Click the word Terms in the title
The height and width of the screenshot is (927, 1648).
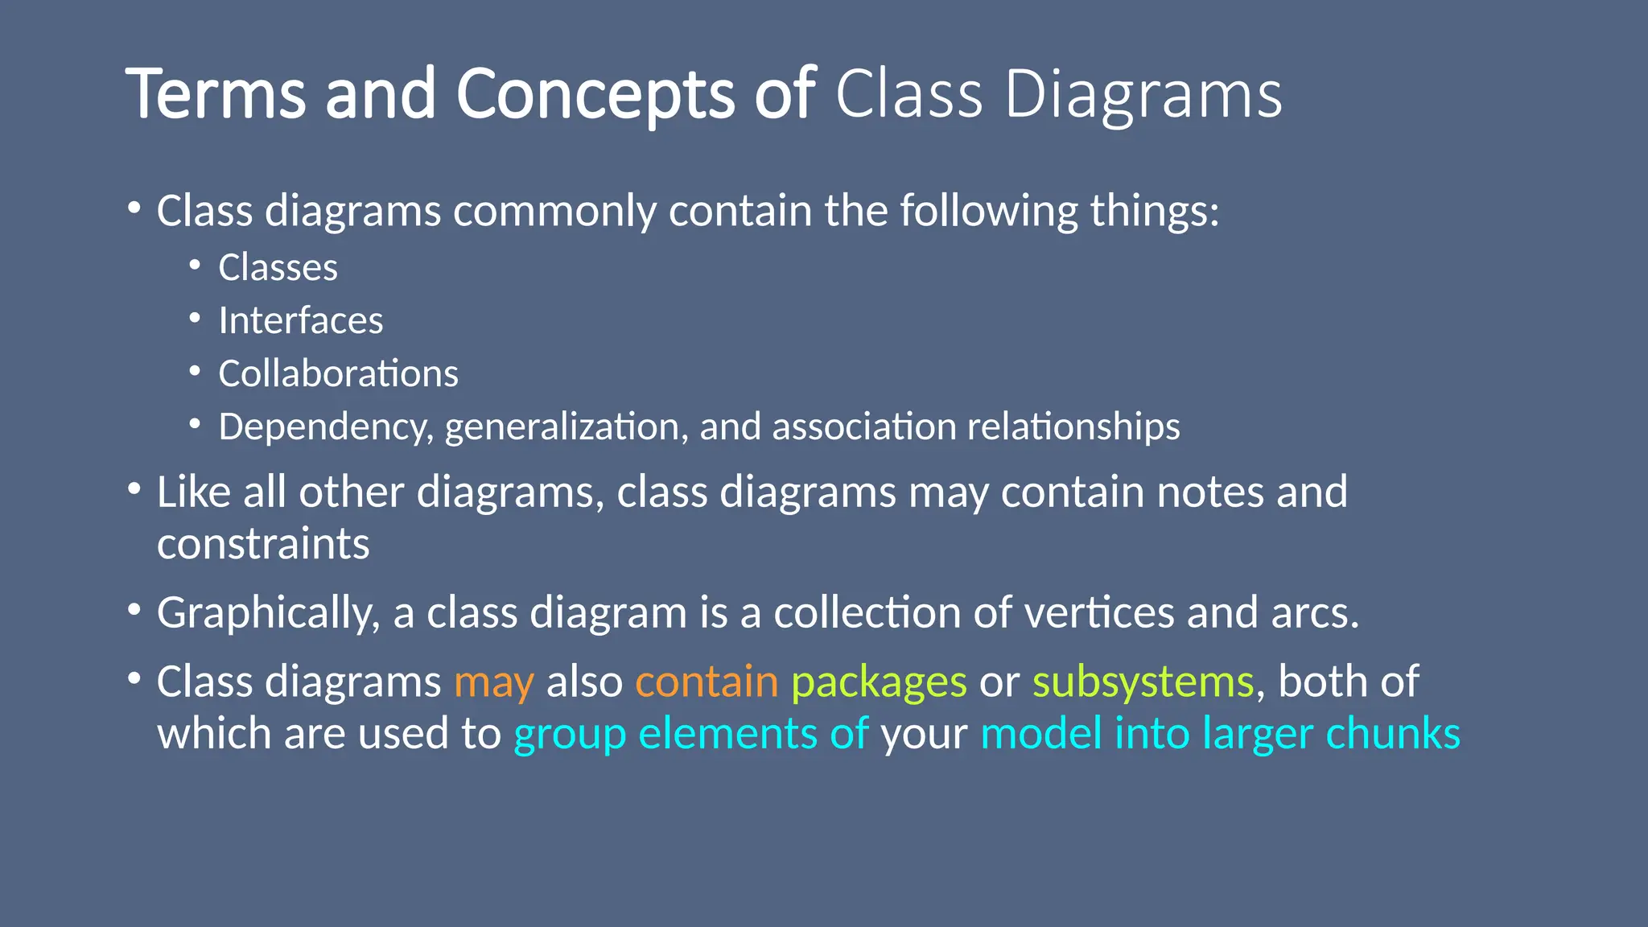click(x=216, y=94)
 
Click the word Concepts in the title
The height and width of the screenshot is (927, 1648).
click(x=595, y=94)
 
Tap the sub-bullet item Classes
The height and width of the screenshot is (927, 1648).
click(x=278, y=267)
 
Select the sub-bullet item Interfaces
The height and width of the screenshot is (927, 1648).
click(x=300, y=320)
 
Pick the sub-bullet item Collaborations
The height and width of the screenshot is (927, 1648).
click(x=338, y=373)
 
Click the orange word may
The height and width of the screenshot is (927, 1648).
click(x=493, y=682)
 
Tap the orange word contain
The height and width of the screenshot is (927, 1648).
click(x=707, y=682)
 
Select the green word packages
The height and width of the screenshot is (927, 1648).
click(x=879, y=682)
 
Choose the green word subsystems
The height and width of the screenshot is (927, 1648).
click(x=1143, y=682)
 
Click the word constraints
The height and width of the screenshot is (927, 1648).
click(x=263, y=544)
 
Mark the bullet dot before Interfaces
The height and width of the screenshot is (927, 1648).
click(x=195, y=319)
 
